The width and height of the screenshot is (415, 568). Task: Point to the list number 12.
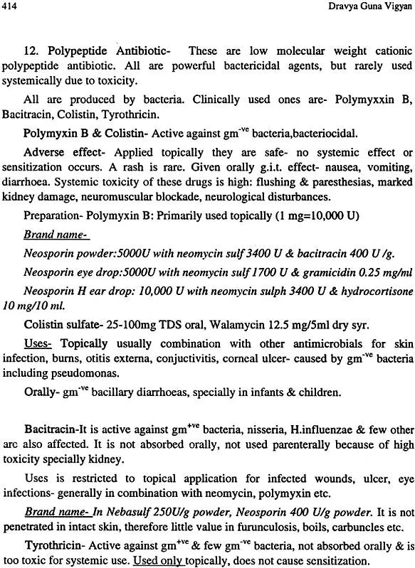click(31, 53)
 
